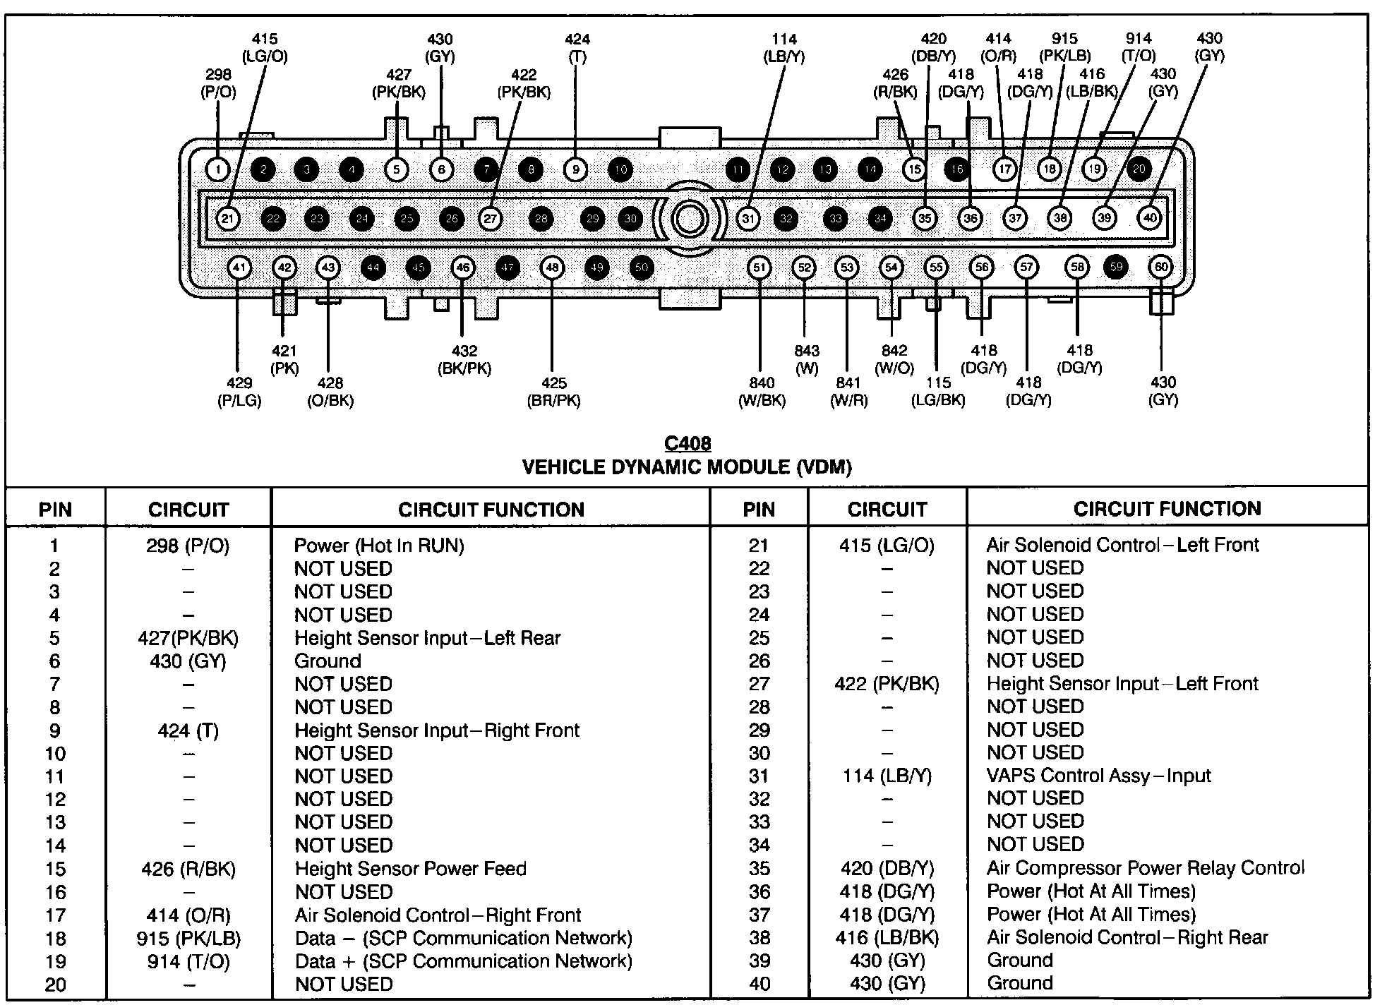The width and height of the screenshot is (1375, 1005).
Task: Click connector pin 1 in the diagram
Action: click(218, 169)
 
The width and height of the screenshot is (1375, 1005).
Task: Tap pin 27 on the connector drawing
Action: click(490, 219)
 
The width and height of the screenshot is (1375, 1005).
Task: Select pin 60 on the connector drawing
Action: click(1161, 267)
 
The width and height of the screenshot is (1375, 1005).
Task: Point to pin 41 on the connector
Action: click(240, 267)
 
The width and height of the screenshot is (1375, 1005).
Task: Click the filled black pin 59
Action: click(1116, 267)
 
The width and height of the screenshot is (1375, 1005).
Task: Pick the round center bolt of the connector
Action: click(688, 218)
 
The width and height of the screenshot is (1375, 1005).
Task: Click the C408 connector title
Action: click(687, 443)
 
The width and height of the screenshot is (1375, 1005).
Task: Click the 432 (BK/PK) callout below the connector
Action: click(464, 359)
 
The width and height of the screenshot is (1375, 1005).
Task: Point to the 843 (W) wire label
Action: click(806, 359)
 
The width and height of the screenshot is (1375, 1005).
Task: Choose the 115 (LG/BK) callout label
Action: click(938, 391)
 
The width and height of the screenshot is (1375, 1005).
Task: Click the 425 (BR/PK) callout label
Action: click(553, 392)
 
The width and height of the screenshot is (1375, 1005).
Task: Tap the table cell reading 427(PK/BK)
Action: click(188, 638)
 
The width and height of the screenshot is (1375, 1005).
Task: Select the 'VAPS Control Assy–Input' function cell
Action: click(1098, 776)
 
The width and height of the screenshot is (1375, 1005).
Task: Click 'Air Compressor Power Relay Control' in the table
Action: click(1146, 868)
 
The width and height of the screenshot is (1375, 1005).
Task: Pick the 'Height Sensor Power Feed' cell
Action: click(410, 869)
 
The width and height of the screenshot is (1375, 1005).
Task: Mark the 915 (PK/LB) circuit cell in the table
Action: click(188, 939)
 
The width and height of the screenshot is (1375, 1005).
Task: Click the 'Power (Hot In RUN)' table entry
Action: click(379, 546)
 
